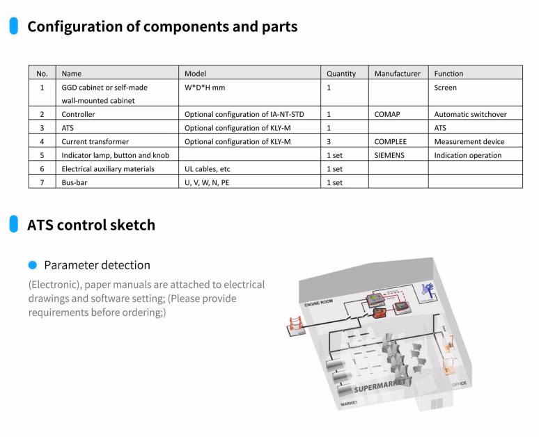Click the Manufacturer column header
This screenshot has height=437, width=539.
(397, 73)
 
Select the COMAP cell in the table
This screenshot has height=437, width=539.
(387, 114)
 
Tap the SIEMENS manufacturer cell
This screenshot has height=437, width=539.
(389, 155)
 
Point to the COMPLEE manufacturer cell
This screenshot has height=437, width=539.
(390, 141)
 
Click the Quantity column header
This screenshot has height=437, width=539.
(341, 73)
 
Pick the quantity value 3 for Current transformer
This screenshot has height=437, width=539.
(329, 141)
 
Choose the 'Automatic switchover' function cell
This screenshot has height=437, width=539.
(470, 114)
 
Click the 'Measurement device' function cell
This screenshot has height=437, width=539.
(469, 141)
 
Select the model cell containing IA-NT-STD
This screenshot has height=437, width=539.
(244, 114)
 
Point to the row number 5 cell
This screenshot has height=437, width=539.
(42, 155)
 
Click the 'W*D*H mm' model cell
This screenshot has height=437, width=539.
(205, 88)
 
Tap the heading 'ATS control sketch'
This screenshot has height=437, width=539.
(91, 225)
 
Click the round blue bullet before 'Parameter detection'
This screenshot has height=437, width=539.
(32, 265)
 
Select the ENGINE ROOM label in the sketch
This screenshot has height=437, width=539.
(318, 303)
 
